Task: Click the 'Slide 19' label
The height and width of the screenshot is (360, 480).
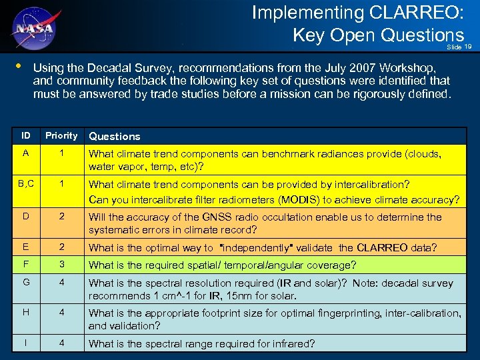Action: pos(459,47)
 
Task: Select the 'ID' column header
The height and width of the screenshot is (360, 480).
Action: pos(25,135)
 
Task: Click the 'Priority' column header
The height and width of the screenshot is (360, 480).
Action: pos(61,135)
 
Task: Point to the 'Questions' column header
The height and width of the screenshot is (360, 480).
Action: pos(115,136)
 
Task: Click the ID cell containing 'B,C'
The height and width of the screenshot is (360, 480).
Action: pos(25,184)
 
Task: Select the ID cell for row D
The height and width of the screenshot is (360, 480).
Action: pos(25,217)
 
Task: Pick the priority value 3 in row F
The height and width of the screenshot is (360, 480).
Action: pos(61,264)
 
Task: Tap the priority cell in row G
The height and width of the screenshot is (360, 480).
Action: pos(61,283)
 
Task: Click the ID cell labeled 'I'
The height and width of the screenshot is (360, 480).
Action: pos(25,343)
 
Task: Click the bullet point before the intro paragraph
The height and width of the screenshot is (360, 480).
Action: pos(17,67)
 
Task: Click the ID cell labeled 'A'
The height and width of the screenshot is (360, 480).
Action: pos(25,152)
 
